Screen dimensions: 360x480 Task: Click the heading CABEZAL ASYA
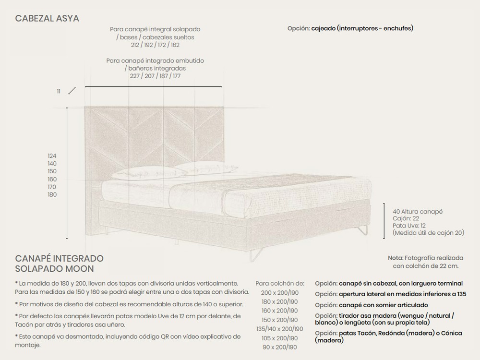[47, 19]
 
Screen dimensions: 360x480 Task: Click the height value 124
[52, 156]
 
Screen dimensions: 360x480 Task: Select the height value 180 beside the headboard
[52, 194]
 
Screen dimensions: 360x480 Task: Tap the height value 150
[52, 171]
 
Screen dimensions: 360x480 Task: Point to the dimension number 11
[59, 91]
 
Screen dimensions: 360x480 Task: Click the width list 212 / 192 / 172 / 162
[155, 45]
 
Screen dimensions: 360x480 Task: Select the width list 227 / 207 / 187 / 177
[155, 76]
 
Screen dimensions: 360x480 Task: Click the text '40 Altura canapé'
[417, 211]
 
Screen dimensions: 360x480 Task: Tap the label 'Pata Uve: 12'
[409, 226]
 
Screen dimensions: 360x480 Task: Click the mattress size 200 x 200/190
[280, 292]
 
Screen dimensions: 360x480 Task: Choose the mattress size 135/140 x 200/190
[280, 329]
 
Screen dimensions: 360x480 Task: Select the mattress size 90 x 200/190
[280, 347]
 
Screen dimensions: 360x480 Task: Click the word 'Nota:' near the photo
[396, 258]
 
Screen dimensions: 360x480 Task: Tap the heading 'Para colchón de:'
[280, 283]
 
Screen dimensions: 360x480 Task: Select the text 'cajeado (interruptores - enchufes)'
[362, 28]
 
